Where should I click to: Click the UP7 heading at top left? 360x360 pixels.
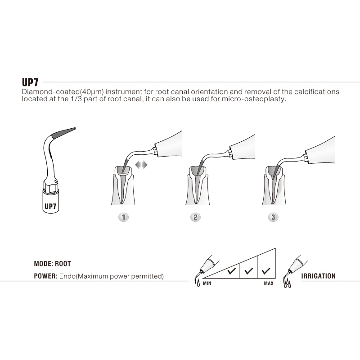point(30,82)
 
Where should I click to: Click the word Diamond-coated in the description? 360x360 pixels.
point(50,92)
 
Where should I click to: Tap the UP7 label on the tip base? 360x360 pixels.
point(50,206)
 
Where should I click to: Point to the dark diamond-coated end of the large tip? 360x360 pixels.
point(63,133)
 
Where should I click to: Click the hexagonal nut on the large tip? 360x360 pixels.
point(50,185)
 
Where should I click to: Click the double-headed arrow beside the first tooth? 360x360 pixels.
point(141,165)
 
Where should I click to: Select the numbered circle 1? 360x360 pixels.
point(123,217)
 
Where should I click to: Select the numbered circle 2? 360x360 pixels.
point(195,217)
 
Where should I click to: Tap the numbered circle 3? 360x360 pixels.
point(273,217)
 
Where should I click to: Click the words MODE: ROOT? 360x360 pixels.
point(52,264)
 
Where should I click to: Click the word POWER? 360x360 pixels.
point(46,276)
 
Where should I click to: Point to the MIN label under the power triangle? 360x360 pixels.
point(207,283)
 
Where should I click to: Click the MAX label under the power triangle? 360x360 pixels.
point(269,283)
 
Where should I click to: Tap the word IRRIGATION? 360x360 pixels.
point(318,276)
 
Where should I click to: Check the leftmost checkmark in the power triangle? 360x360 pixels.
point(231,271)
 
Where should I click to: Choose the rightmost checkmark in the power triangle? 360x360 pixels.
point(266,271)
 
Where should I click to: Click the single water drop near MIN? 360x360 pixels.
point(198,283)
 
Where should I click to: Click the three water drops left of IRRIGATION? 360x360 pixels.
point(288,284)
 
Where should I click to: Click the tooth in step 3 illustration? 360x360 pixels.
point(274,185)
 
